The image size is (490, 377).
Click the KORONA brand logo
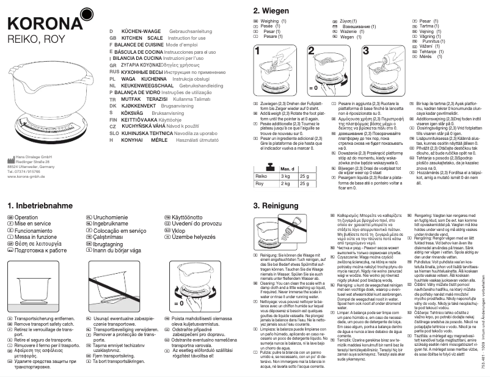(x=40, y=25)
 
